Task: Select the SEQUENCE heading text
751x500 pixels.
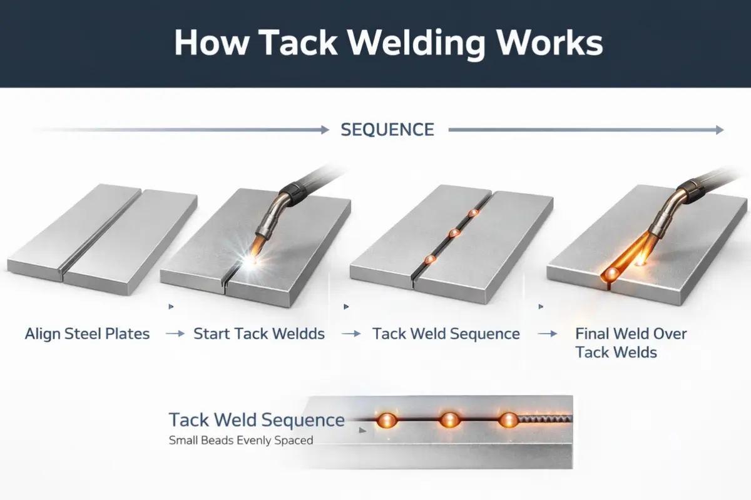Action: (x=387, y=130)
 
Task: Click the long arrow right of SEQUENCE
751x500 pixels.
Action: (x=586, y=130)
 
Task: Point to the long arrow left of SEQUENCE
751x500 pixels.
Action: (x=181, y=130)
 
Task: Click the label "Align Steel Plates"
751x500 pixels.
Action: (x=87, y=334)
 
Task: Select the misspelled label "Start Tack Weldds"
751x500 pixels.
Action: (x=259, y=334)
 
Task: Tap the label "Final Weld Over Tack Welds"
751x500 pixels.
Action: (x=630, y=342)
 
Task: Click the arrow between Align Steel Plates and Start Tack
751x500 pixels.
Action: (x=175, y=334)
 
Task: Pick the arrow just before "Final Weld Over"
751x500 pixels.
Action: (x=548, y=334)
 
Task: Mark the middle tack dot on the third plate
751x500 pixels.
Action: (x=454, y=233)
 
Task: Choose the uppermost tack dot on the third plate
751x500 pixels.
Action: (x=474, y=214)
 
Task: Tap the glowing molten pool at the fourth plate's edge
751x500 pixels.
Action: (x=610, y=274)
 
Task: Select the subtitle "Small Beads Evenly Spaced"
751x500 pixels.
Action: (x=241, y=441)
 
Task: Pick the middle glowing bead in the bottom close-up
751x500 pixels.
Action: (x=449, y=420)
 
